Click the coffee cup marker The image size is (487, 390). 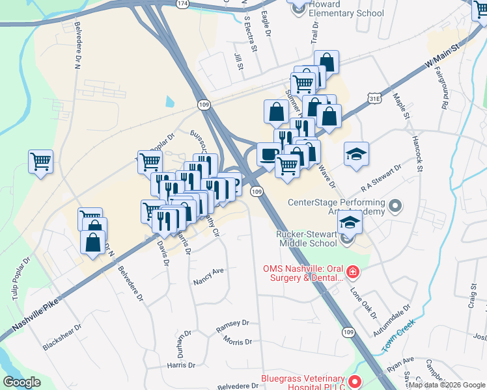click(268, 155)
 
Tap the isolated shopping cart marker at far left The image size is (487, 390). click(40, 161)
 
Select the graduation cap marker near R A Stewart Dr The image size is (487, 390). click(355, 155)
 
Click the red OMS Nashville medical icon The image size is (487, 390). click(352, 270)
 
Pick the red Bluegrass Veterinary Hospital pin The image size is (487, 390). click(354, 382)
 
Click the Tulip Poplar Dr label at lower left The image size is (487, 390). click(19, 280)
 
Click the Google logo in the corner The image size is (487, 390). click(22, 382)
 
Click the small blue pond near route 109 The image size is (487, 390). click(170, 101)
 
